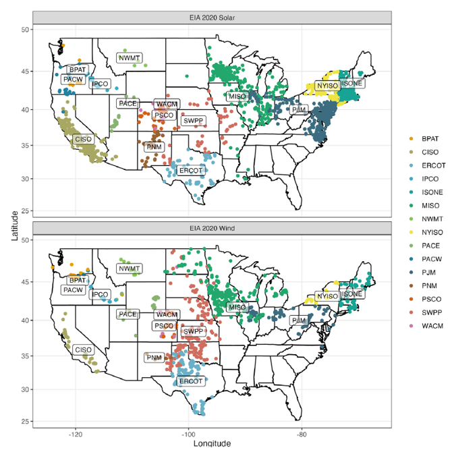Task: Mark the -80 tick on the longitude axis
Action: (302, 434)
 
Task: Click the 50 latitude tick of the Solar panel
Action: (25, 30)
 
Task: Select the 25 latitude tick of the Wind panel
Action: (25, 422)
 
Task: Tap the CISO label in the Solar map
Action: (83, 139)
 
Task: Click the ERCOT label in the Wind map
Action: (191, 381)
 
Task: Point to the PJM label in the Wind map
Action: (299, 320)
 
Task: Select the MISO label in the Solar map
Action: (237, 96)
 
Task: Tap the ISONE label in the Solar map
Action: (351, 84)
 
